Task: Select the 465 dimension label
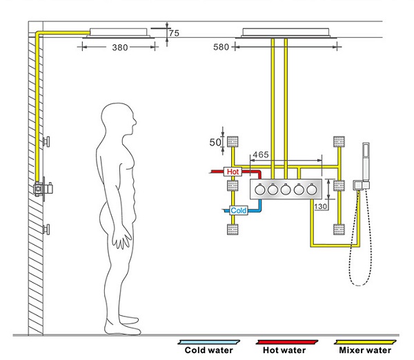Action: (x=261, y=154)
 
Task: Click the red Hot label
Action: (x=233, y=171)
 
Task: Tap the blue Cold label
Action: (x=238, y=210)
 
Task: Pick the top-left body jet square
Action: (x=233, y=142)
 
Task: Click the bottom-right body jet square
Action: (x=338, y=228)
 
